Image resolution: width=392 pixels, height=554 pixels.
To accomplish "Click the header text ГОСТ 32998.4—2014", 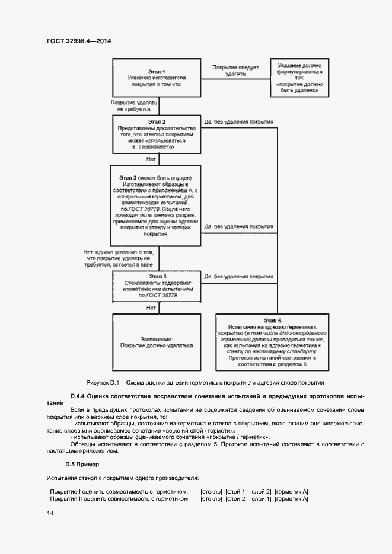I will [x=79, y=41].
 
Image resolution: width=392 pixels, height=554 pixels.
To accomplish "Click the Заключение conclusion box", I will [x=157, y=342].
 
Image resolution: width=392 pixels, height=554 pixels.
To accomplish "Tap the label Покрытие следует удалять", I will [x=235, y=71].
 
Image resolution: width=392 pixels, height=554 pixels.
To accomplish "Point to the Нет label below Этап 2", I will [x=151, y=159].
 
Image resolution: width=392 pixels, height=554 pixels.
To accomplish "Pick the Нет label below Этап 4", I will [x=151, y=308].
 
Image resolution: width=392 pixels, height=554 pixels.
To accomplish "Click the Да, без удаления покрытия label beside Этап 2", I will [x=238, y=122].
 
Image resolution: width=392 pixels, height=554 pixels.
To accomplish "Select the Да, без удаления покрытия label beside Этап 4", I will [x=238, y=277].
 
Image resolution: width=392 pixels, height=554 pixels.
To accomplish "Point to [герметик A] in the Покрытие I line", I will [x=292, y=492].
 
